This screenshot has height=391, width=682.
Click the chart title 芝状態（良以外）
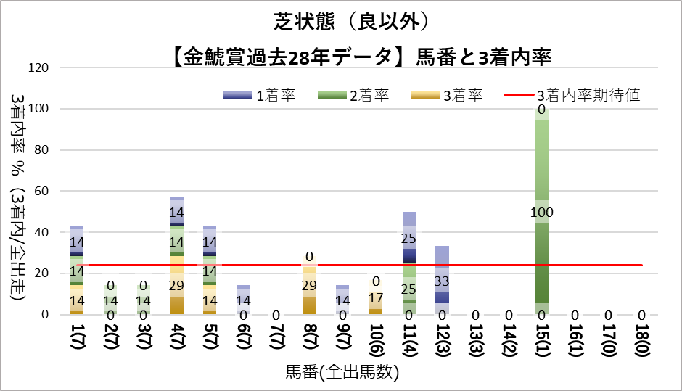[x=340, y=22]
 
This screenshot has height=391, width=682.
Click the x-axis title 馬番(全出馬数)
[x=342, y=373]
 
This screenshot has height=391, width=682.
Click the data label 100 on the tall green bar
[x=541, y=213]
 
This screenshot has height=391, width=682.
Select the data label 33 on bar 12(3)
[x=441, y=281]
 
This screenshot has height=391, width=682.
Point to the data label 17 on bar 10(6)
[x=375, y=298]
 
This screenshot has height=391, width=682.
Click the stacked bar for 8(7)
[x=309, y=290]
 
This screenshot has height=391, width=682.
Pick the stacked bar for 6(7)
[x=242, y=300]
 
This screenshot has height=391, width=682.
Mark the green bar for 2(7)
[x=110, y=302]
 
